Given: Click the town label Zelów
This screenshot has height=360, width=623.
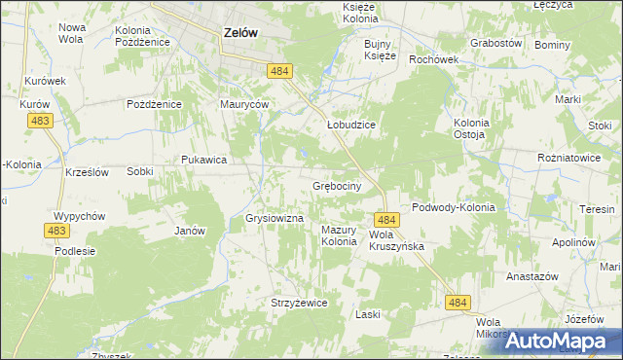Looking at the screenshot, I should tap(240, 32).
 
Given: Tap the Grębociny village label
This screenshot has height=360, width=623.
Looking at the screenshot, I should tap(338, 185).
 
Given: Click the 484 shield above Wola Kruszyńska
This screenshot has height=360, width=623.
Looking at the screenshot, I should tap(386, 221).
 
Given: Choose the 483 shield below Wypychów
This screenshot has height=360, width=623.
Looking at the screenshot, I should tap(55, 231).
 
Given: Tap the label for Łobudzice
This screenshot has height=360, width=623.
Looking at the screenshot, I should tap(350, 126).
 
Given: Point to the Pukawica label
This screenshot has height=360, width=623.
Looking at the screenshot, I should tap(203, 160).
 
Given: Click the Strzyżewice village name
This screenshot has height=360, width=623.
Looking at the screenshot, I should tap(299, 303).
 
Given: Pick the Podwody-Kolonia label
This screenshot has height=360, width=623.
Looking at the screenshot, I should tap(454, 207).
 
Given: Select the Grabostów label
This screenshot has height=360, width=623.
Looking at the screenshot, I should tap(496, 44).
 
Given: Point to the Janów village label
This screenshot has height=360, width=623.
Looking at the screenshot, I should tap(189, 231).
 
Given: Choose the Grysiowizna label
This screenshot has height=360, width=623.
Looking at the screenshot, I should tap(275, 219).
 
